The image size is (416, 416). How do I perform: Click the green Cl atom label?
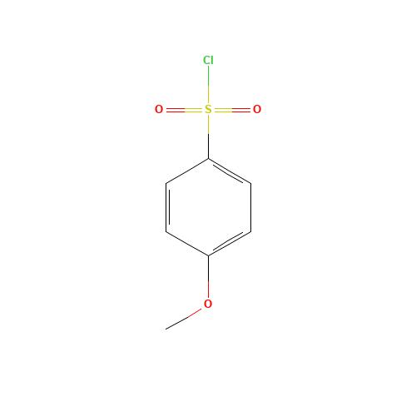click(208, 60)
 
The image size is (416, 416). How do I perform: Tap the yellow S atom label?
click(208, 109)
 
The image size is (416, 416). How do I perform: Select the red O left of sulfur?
click(159, 109)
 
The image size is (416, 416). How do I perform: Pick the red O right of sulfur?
click(257, 109)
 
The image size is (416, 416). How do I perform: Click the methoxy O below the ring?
click(208, 304)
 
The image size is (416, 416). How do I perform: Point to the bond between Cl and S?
click(208, 84)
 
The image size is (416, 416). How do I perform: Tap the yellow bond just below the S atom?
click(208, 125)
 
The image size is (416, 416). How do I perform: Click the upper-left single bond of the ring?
click(187, 171)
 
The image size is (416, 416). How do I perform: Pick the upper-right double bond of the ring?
click(229, 171)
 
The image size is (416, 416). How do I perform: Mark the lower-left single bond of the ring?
click(187, 244)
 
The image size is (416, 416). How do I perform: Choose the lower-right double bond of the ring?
click(229, 244)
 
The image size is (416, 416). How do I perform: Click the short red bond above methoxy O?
click(208, 287)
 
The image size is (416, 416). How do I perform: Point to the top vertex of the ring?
click(208, 158)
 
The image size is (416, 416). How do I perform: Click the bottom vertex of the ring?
click(208, 255)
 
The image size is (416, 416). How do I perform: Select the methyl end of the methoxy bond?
click(167, 329)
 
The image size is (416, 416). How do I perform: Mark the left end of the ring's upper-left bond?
click(166, 183)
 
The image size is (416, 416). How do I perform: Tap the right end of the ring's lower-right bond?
click(250, 231)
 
